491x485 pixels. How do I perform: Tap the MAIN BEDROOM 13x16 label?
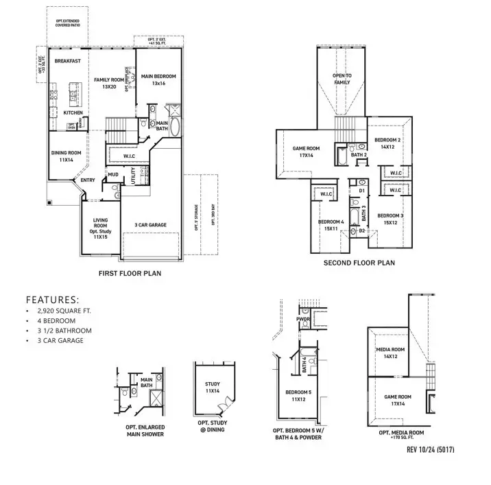(x=159, y=80)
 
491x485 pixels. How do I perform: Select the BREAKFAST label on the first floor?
(x=68, y=61)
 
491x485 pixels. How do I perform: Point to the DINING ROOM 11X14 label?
(x=66, y=156)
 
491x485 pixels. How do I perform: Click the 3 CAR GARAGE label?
(x=150, y=224)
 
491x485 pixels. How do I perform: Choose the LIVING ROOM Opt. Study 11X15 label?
(x=101, y=228)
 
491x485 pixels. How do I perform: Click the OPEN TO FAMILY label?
(x=342, y=79)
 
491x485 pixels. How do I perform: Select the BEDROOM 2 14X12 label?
(x=387, y=143)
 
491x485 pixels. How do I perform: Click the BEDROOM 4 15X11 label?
(x=331, y=224)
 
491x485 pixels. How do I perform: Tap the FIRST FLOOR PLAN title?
(x=130, y=273)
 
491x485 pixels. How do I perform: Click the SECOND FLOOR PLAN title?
(x=359, y=263)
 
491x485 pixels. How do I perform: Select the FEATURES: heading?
(x=52, y=300)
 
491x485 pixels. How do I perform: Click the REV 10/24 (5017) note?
(x=431, y=450)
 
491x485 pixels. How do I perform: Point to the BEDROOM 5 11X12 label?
(x=298, y=396)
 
